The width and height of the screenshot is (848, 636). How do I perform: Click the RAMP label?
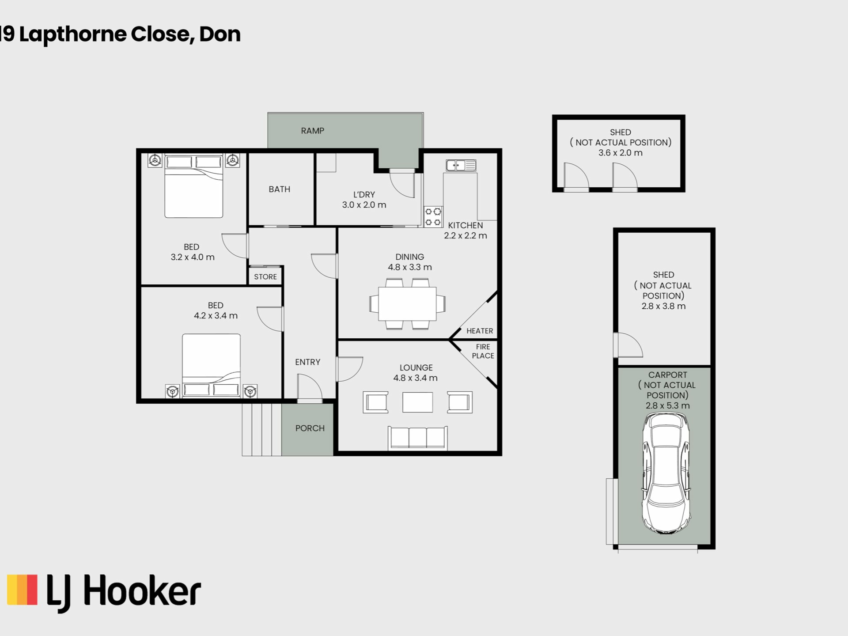(312, 131)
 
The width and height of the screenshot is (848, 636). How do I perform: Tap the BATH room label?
(280, 189)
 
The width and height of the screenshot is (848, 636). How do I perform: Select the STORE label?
(265, 277)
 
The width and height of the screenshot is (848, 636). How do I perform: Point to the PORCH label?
(310, 428)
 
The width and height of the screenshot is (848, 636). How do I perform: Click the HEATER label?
(480, 331)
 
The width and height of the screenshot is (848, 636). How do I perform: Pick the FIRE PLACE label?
(483, 351)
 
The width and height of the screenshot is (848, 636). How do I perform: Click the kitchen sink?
(461, 165)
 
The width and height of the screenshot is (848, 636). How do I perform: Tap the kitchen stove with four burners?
(433, 217)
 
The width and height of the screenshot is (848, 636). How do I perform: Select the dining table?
(408, 304)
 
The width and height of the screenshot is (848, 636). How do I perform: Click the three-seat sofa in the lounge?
(418, 438)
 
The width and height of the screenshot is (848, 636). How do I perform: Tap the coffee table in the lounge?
(418, 402)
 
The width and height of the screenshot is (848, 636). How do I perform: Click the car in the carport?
(666, 473)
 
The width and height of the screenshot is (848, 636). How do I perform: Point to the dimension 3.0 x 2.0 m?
(364, 205)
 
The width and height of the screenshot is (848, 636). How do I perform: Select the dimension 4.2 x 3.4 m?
(216, 316)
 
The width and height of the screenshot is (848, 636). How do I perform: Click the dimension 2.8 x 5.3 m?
(667, 405)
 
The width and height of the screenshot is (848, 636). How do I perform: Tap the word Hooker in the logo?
(142, 591)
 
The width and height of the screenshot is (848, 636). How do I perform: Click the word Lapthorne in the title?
(73, 34)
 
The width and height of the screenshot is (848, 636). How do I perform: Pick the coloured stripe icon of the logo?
(22, 590)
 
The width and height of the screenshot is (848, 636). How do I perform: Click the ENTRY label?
(308, 362)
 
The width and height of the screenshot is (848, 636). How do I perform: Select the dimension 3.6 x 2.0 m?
(620, 153)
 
